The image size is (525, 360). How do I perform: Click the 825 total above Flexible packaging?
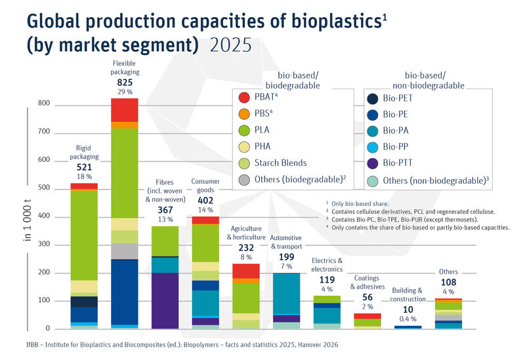(x=125, y=83)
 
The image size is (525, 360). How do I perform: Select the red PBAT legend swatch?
(x=244, y=98)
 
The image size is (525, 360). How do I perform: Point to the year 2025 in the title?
(x=230, y=45)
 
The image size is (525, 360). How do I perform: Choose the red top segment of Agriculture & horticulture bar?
(x=246, y=271)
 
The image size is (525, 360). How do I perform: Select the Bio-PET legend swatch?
(x=373, y=98)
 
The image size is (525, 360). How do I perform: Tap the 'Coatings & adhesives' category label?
(x=367, y=282)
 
